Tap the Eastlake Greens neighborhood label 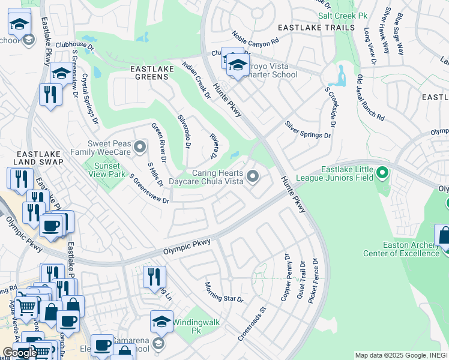pos(152,70)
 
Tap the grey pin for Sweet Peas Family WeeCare pos(140,146)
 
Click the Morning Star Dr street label pos(224,292)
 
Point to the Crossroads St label pos(252,325)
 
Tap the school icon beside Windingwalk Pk pos(161,322)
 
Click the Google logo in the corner pos(19,353)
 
